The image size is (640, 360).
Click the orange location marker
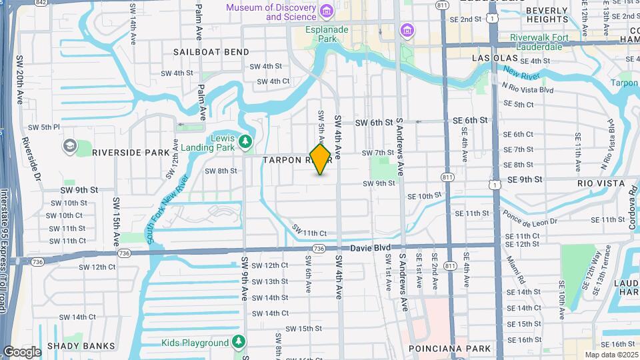[320, 159]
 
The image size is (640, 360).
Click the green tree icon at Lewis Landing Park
[246, 141]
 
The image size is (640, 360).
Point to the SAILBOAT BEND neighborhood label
[211, 52]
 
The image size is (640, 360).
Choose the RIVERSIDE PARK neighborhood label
[131, 153]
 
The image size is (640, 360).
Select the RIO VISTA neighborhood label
[601, 183]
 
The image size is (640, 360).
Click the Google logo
[21, 351]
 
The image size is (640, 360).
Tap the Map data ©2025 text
[611, 355]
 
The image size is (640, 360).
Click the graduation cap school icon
[69, 145]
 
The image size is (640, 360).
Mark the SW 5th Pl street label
[44, 127]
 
